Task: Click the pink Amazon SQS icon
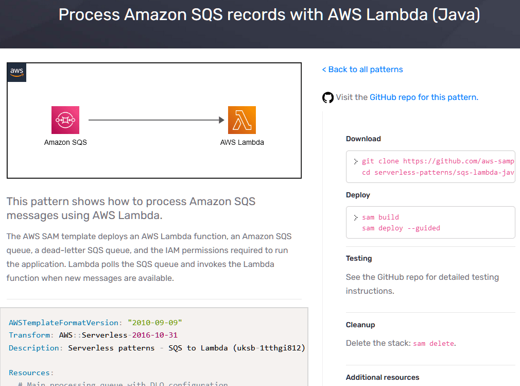[x=65, y=120]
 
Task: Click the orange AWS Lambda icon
[x=242, y=120]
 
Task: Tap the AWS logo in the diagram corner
[x=17, y=72]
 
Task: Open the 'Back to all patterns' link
[x=362, y=70]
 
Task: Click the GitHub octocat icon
[x=328, y=97]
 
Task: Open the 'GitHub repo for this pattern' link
[x=424, y=97]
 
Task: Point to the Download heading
[x=363, y=139]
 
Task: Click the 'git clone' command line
[x=438, y=161]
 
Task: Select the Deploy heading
[x=358, y=195]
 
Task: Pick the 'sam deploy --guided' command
[x=401, y=228]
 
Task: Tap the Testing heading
[x=359, y=258]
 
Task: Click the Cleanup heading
[x=360, y=325]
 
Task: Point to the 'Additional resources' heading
[x=383, y=377]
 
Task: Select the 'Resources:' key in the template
[x=31, y=373]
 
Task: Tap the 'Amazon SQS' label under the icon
[x=65, y=142]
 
